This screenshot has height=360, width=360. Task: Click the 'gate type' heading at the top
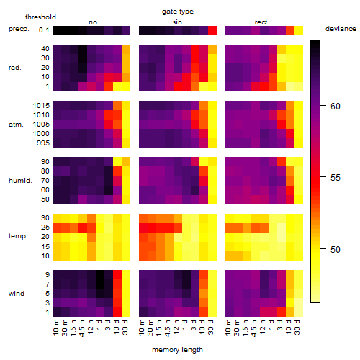pyautogui.click(x=178, y=12)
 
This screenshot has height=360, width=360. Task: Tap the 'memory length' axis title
pyautogui.click(x=178, y=350)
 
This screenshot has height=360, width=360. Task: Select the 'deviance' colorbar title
pyautogui.click(x=341, y=29)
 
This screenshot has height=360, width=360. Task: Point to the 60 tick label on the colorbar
pyautogui.click(x=336, y=106)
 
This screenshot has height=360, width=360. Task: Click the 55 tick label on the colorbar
pyautogui.click(x=336, y=178)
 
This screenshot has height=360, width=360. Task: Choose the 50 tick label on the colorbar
pyautogui.click(x=336, y=250)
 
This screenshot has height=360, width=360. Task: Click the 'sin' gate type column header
pyautogui.click(x=177, y=22)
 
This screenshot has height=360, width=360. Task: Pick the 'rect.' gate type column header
pyautogui.click(x=262, y=22)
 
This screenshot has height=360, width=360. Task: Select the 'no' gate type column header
pyautogui.click(x=93, y=22)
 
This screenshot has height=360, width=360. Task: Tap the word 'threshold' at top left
pyautogui.click(x=40, y=17)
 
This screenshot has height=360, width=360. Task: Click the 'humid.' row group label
pyautogui.click(x=20, y=181)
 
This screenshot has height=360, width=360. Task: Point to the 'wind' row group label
pyautogui.click(x=17, y=294)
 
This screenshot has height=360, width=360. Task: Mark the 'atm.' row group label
pyautogui.click(x=16, y=125)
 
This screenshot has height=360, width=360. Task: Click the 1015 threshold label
pyautogui.click(x=41, y=106)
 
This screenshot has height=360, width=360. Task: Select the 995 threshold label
pyautogui.click(x=43, y=143)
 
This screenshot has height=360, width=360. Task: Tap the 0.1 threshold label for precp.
pyautogui.click(x=44, y=30)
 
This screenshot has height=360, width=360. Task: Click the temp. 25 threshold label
pyautogui.click(x=45, y=228)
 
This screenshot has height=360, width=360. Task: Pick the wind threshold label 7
pyautogui.click(x=48, y=284)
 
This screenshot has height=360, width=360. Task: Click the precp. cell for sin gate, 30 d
pyautogui.click(x=212, y=30)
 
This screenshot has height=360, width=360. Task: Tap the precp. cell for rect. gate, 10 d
pyautogui.click(x=290, y=30)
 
